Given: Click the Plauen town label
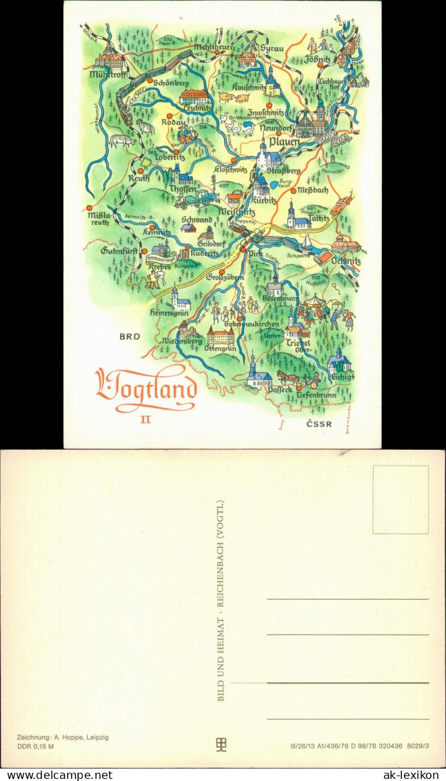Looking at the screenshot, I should (284, 142).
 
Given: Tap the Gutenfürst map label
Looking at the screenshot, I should (121, 250).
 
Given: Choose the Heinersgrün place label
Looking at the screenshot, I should (170, 313).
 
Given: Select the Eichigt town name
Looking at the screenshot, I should (342, 377).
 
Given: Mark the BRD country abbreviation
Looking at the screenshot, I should (130, 337).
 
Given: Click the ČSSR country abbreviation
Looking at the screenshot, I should (319, 425).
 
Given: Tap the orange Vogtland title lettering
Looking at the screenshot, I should (146, 391).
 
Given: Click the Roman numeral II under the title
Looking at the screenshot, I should (145, 419).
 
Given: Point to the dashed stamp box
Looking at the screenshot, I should (401, 500).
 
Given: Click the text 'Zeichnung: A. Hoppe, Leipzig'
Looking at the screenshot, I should (63, 738).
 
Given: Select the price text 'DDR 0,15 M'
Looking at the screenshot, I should (36, 746).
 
